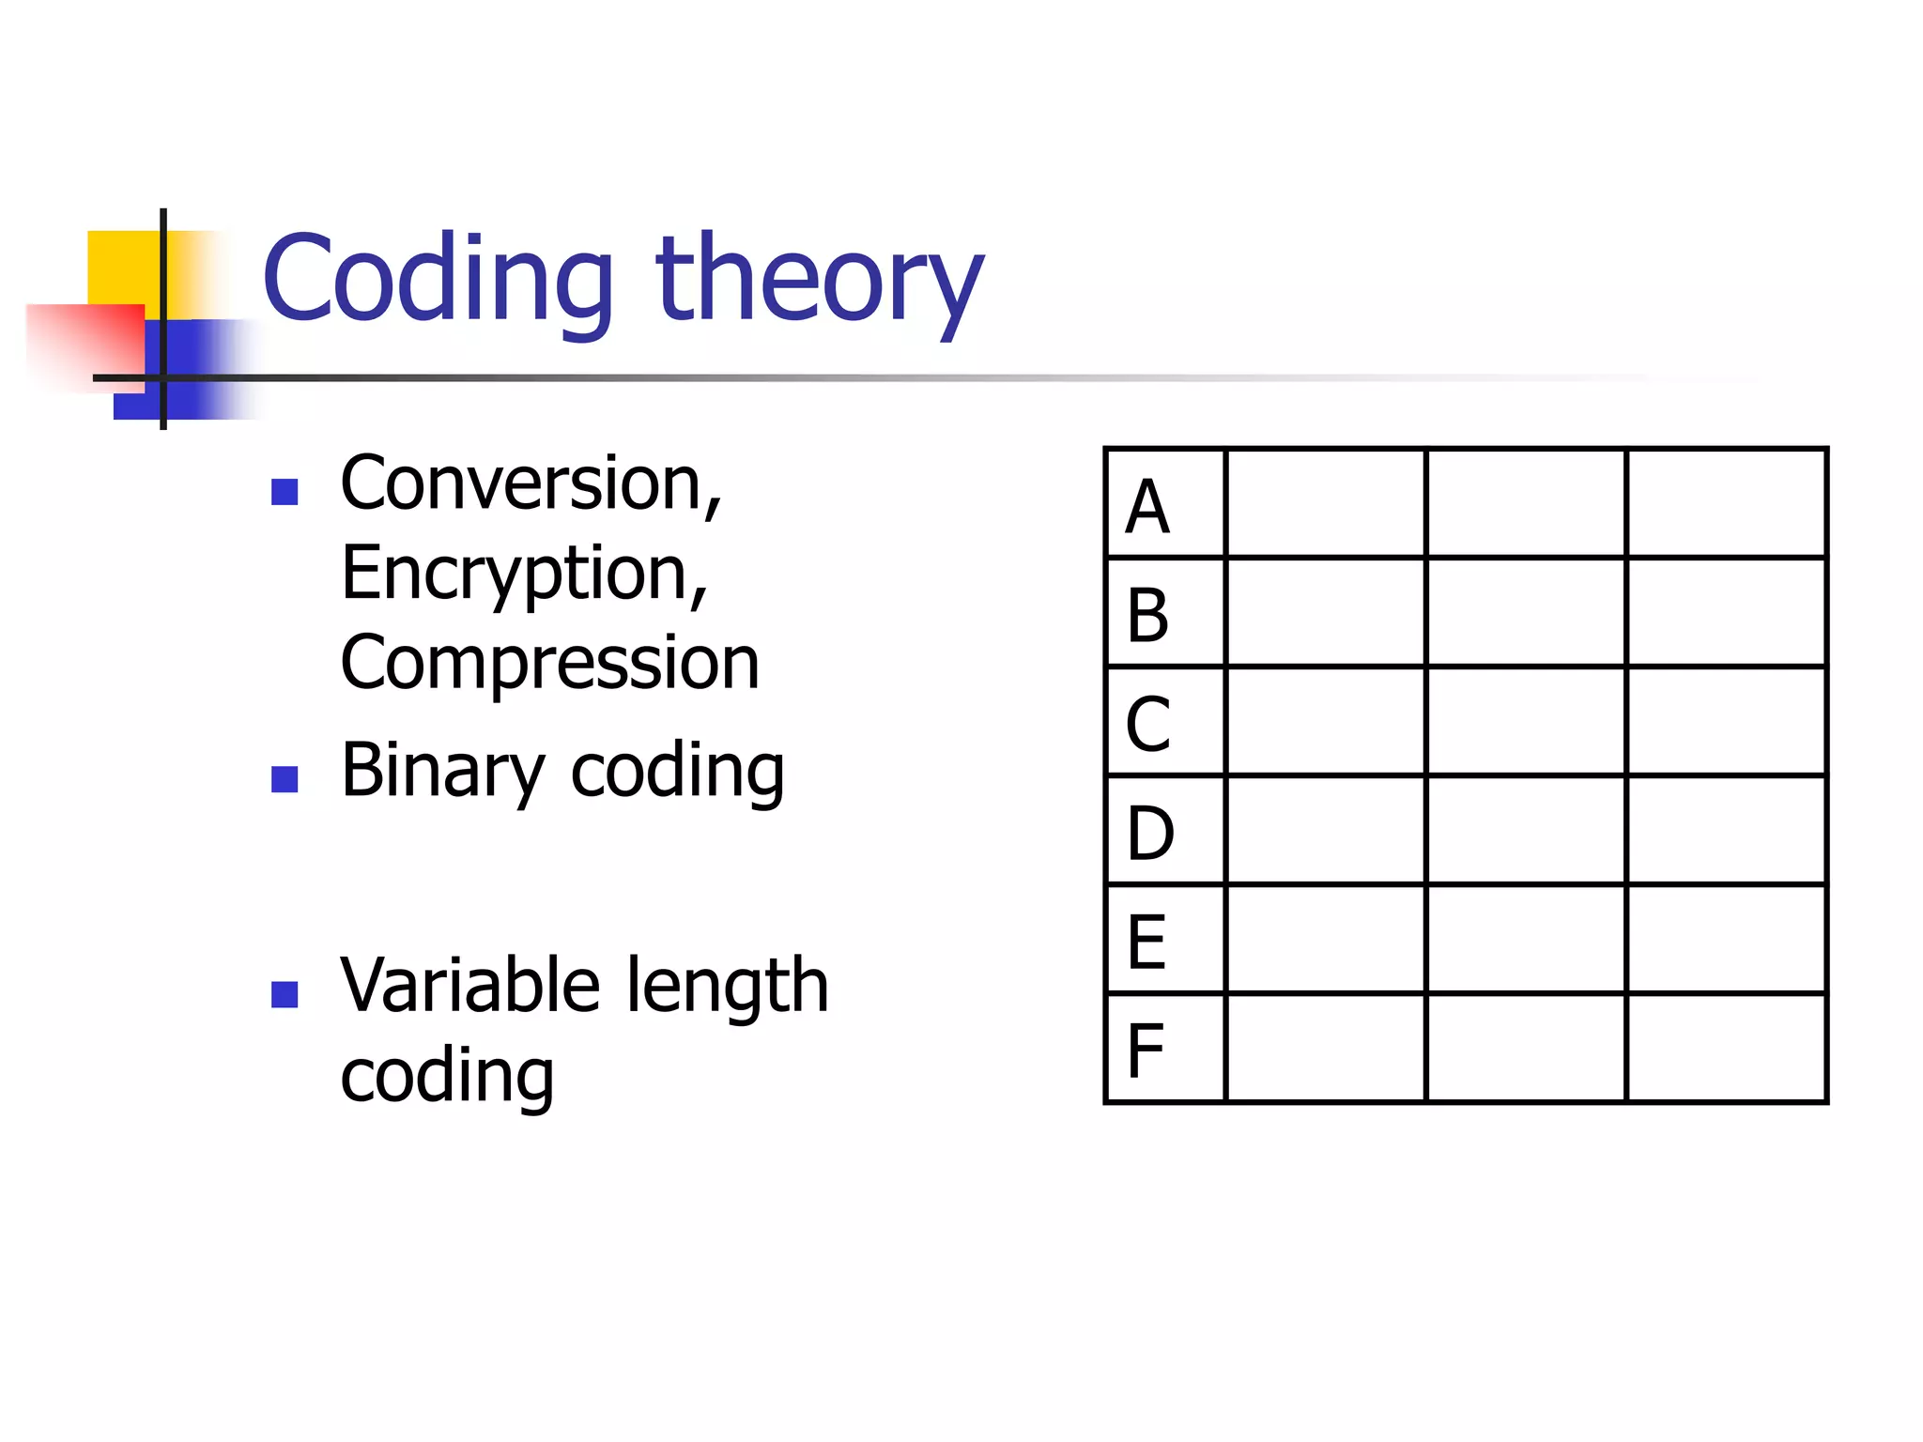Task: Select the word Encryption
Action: [x=522, y=574]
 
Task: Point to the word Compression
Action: [x=549, y=663]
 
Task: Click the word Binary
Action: [x=442, y=771]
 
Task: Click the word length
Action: [x=728, y=986]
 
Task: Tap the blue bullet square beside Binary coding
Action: [x=285, y=779]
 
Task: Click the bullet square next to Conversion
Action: [x=285, y=492]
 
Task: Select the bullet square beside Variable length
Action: [x=285, y=994]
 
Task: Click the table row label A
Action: [x=1147, y=508]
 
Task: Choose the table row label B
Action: [x=1147, y=616]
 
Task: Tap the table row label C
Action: [x=1147, y=724]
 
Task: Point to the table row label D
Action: [x=1149, y=833]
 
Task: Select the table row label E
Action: [x=1146, y=942]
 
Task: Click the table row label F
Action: [x=1146, y=1051]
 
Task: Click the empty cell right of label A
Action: [x=1325, y=503]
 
